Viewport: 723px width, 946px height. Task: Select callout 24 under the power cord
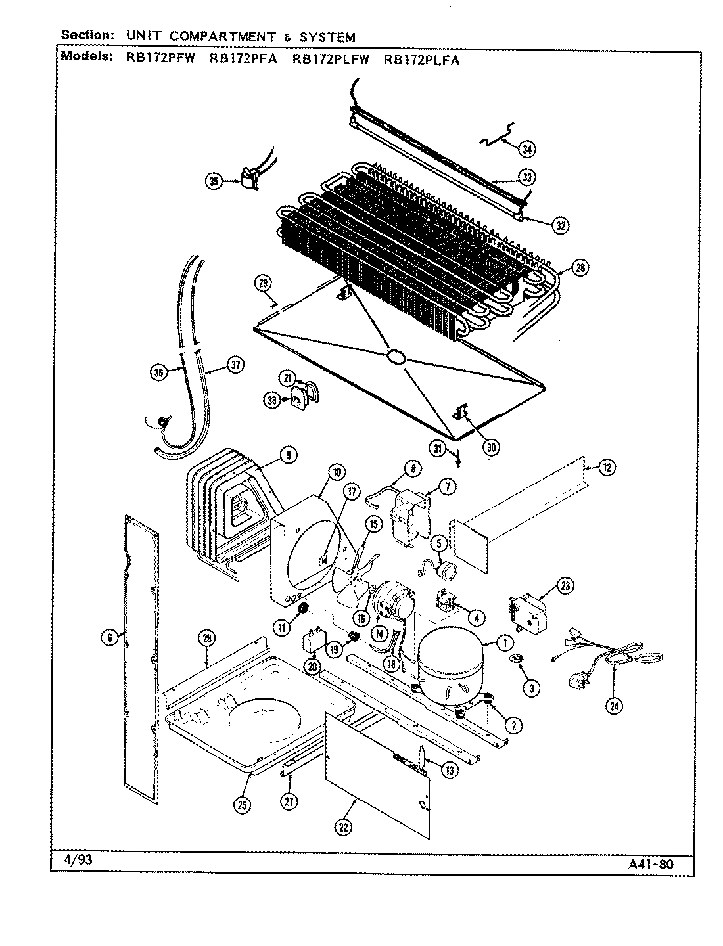(x=615, y=706)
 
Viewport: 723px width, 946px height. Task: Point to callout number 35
(x=214, y=182)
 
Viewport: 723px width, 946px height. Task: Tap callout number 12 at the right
(x=607, y=468)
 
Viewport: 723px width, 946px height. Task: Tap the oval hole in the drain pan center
(x=396, y=357)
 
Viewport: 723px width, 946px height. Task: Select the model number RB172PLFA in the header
(x=421, y=58)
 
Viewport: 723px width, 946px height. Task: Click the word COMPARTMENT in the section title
(x=224, y=37)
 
